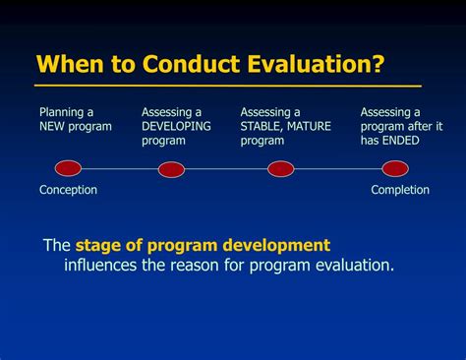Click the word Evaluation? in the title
click(x=315, y=66)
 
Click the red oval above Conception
click(x=68, y=168)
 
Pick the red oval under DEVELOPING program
click(x=171, y=169)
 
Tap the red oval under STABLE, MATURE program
click(x=281, y=168)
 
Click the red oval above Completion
click(x=394, y=168)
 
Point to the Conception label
click(x=68, y=190)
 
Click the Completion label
click(x=400, y=190)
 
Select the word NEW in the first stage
click(x=51, y=127)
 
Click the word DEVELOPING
click(x=176, y=127)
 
